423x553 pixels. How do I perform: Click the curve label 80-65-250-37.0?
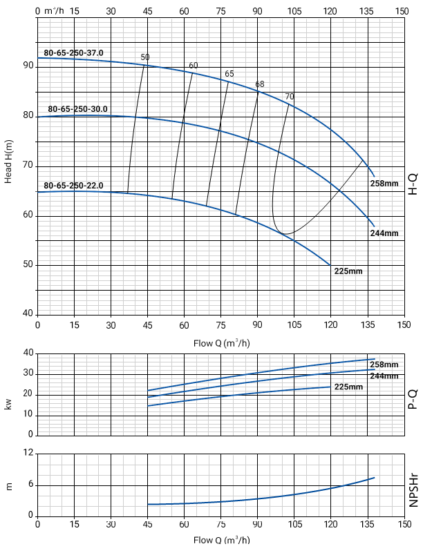click(73, 52)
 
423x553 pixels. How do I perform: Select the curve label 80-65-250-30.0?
click(77, 109)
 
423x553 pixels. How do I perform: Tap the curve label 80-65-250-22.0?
click(73, 185)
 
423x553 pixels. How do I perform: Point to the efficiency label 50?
click(144, 57)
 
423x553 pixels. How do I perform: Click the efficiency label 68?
click(259, 84)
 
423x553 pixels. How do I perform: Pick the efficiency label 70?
click(289, 96)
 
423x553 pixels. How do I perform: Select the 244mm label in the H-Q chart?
click(384, 233)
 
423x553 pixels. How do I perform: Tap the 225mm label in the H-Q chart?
click(348, 271)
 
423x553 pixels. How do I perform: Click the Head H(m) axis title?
click(9, 160)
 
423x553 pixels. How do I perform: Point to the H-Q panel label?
click(413, 183)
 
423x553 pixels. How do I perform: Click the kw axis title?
click(9, 403)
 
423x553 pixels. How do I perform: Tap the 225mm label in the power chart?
click(348, 387)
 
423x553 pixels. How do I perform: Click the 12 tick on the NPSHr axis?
click(28, 454)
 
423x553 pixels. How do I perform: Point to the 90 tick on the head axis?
click(28, 66)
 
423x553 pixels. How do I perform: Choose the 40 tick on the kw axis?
click(28, 353)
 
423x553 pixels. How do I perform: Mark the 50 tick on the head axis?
click(28, 265)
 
